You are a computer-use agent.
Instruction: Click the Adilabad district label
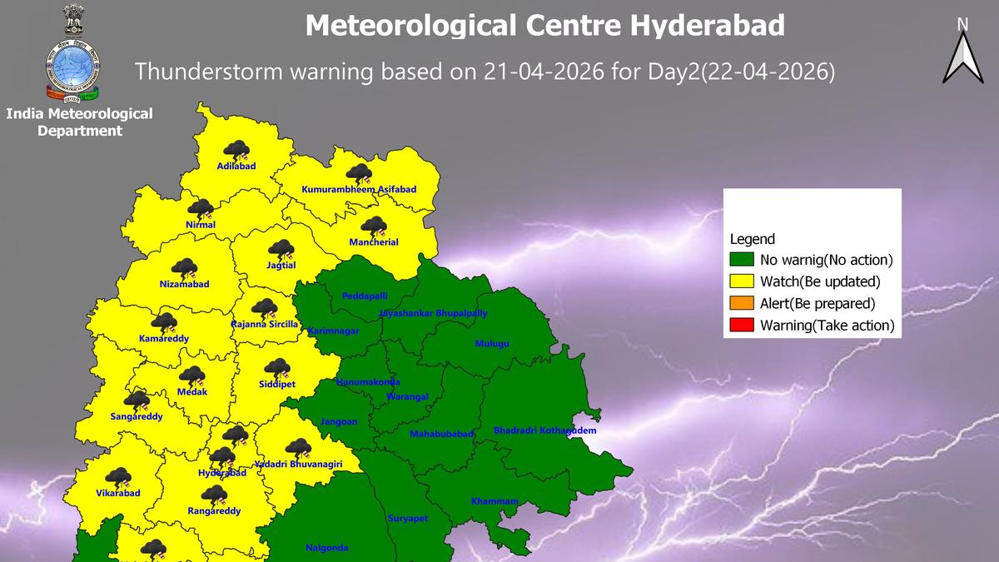click(236, 167)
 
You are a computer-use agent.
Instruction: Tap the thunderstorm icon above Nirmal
click(201, 209)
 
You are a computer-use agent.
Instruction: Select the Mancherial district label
click(373, 242)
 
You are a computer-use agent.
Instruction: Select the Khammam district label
click(495, 501)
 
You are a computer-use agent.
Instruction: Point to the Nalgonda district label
click(327, 548)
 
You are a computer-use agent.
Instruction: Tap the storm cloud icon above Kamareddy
click(164, 323)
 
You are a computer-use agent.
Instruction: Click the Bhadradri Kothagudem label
click(544, 430)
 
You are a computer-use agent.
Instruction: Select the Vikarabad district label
click(118, 493)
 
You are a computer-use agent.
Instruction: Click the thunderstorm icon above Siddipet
click(276, 368)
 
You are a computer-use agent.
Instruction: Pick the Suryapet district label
click(408, 519)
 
